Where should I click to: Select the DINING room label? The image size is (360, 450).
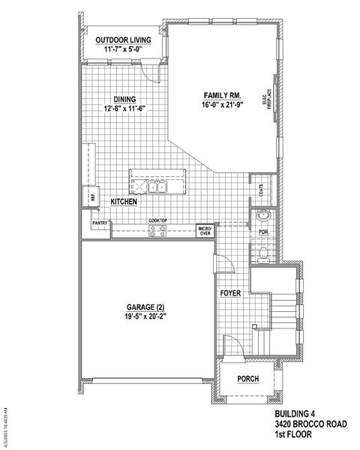tap(124, 99)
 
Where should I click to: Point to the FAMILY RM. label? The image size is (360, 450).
tap(221, 94)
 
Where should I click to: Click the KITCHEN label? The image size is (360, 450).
tap(123, 202)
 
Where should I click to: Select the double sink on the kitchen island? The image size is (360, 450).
tap(157, 186)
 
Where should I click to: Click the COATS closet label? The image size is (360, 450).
tap(261, 190)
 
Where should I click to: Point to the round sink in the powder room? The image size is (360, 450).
tap(262, 216)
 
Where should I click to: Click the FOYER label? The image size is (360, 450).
tap(230, 293)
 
